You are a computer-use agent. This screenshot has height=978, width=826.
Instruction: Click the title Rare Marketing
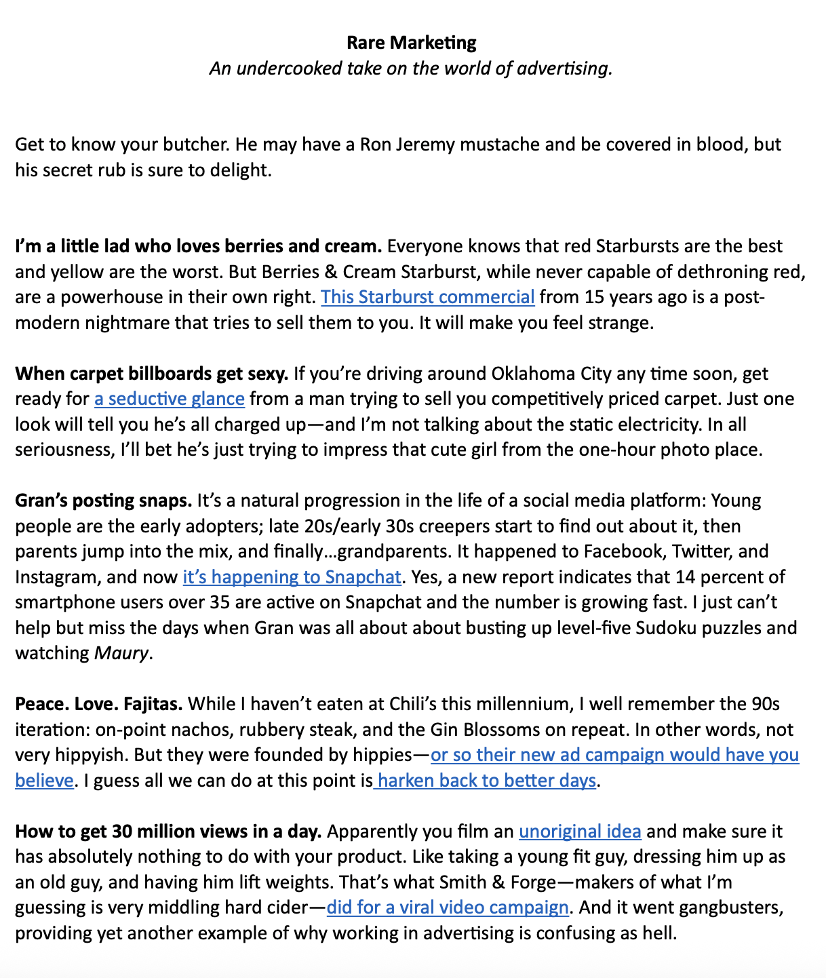(x=411, y=43)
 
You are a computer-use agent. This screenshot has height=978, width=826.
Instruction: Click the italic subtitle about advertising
(x=411, y=69)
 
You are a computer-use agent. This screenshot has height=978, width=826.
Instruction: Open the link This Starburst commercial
(x=427, y=297)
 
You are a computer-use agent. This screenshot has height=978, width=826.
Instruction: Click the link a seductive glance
(x=169, y=399)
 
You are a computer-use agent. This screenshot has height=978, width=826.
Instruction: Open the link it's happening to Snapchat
(x=292, y=577)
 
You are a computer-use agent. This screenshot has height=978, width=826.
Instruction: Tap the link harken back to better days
(x=486, y=781)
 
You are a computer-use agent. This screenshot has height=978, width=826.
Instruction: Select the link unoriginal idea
(x=580, y=832)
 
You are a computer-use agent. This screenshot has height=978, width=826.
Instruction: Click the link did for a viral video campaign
(x=447, y=907)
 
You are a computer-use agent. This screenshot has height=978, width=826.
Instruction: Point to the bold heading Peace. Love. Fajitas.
(x=99, y=704)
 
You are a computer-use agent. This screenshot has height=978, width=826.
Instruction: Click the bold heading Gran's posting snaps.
(x=104, y=501)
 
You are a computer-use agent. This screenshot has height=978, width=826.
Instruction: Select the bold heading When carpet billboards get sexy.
(x=152, y=374)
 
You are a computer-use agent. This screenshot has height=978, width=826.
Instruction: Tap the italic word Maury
(x=121, y=654)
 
